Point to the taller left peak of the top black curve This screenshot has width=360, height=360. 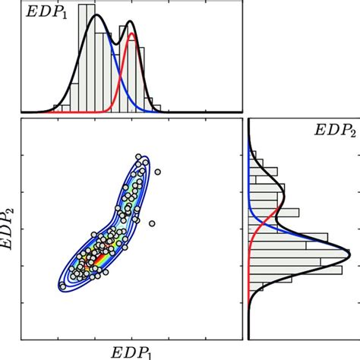pyautogui.click(x=96, y=17)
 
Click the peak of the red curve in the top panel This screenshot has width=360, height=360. pyautogui.click(x=132, y=34)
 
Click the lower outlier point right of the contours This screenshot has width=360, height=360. pyautogui.click(x=152, y=223)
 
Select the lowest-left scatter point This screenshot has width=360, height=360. pyautogui.click(x=62, y=286)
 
